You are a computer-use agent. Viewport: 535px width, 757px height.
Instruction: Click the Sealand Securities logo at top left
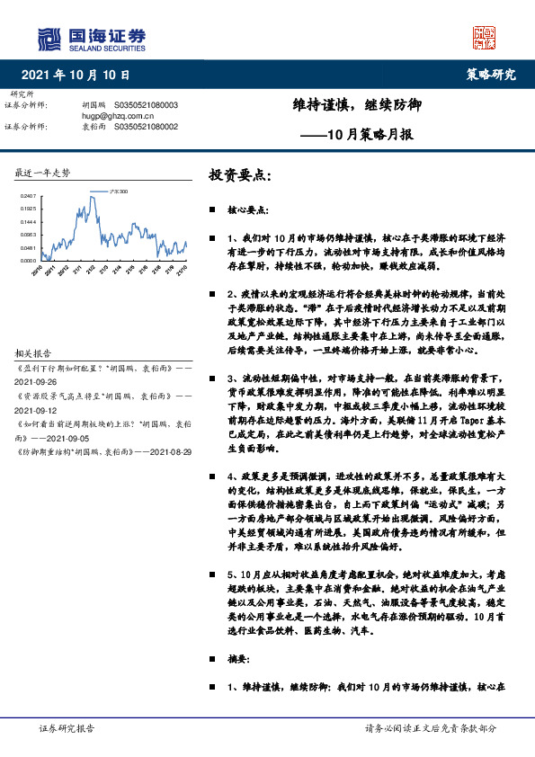pos(91,37)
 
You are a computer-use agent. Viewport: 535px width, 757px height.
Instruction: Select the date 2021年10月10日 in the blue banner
pos(76,75)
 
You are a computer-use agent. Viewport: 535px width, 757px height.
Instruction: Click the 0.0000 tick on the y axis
pos(27,261)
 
